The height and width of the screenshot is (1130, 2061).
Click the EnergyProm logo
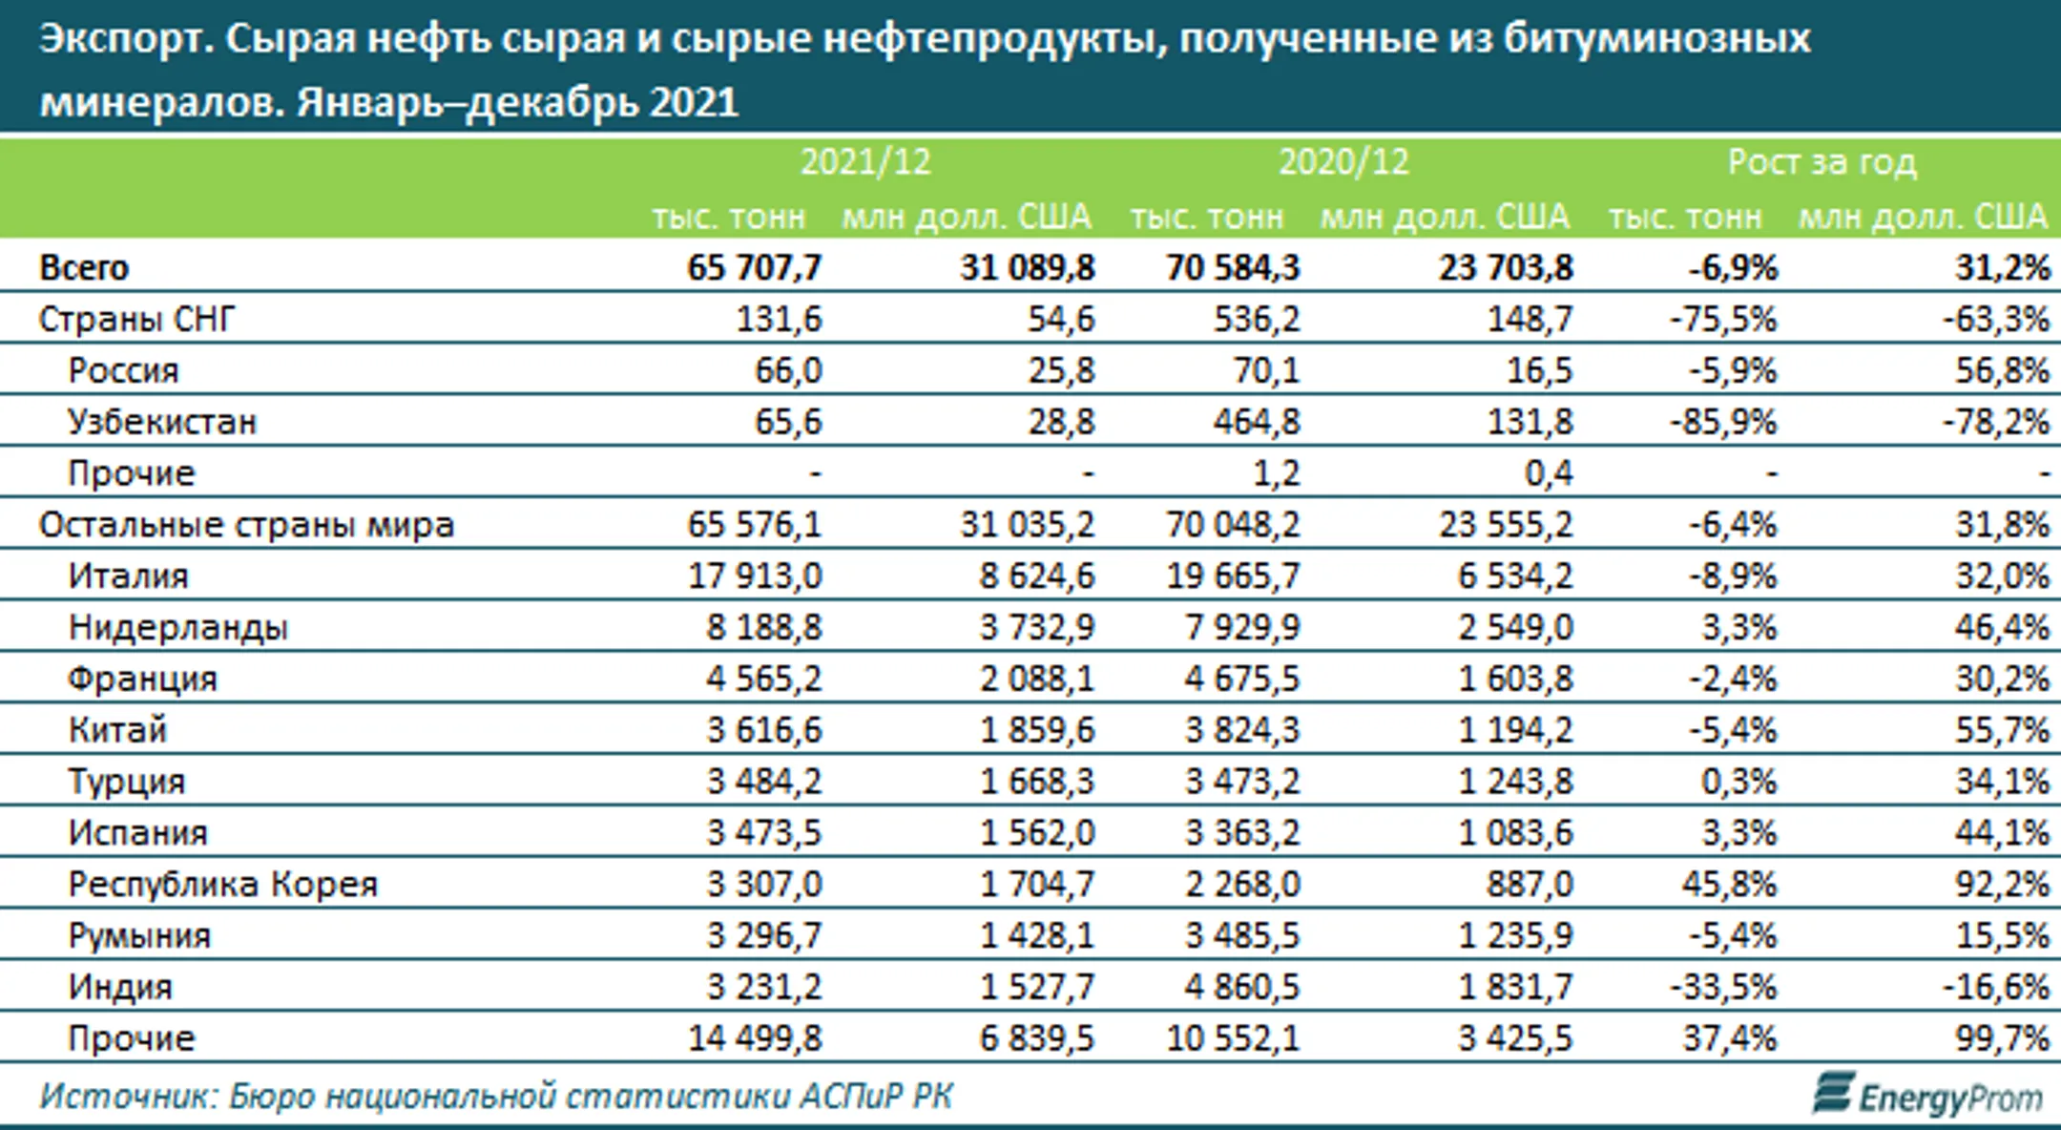point(1927,1097)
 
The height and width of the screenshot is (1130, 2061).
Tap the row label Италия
point(128,576)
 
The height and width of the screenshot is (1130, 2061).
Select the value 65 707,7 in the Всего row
point(754,268)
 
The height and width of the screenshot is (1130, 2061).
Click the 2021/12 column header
point(864,162)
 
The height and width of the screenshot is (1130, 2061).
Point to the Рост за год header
point(1822,162)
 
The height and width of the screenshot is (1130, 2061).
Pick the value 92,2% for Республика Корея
point(2002,885)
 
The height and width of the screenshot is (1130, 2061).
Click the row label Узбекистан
point(161,422)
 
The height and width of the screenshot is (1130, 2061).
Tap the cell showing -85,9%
point(1723,422)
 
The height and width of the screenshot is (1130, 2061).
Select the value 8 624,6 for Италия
point(1037,576)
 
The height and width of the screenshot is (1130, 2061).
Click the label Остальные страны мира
point(246,525)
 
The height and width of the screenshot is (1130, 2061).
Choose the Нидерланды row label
point(177,628)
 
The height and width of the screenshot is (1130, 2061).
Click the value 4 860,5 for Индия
point(1242,987)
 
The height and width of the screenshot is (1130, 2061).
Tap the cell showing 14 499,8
point(754,1038)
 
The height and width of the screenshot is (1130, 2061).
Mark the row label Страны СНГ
point(135,320)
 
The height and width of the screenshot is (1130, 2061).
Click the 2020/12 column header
point(1343,162)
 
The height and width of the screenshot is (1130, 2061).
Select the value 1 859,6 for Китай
point(1037,731)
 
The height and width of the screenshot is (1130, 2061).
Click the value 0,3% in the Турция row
point(1738,783)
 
